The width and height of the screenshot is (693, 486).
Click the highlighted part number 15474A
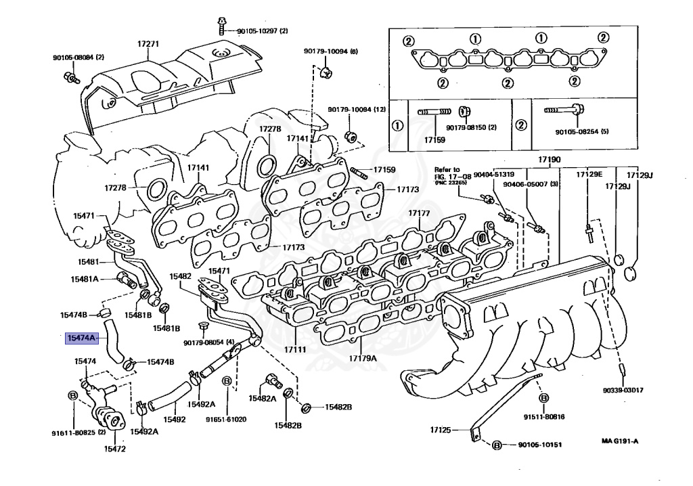(x=81, y=338)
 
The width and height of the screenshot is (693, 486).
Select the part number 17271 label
(x=148, y=44)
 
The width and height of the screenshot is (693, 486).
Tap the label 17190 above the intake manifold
(x=550, y=160)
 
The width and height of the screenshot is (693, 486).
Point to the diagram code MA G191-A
(x=620, y=441)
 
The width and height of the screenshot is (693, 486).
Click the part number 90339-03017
(x=623, y=391)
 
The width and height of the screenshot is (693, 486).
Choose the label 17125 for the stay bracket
(x=441, y=430)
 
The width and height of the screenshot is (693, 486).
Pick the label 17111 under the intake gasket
(x=295, y=350)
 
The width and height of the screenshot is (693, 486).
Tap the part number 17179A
(x=363, y=358)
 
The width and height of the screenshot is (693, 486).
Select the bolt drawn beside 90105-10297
(x=222, y=26)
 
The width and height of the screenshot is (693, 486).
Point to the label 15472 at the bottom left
(x=115, y=449)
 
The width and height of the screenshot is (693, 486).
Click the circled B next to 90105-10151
(x=497, y=445)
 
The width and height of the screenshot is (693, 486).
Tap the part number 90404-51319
(x=493, y=175)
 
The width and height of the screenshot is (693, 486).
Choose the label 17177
(x=419, y=213)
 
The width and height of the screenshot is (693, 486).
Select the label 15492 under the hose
(x=175, y=420)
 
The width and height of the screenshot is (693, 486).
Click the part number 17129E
(x=589, y=175)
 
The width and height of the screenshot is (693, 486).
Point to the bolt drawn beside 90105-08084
(x=71, y=79)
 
